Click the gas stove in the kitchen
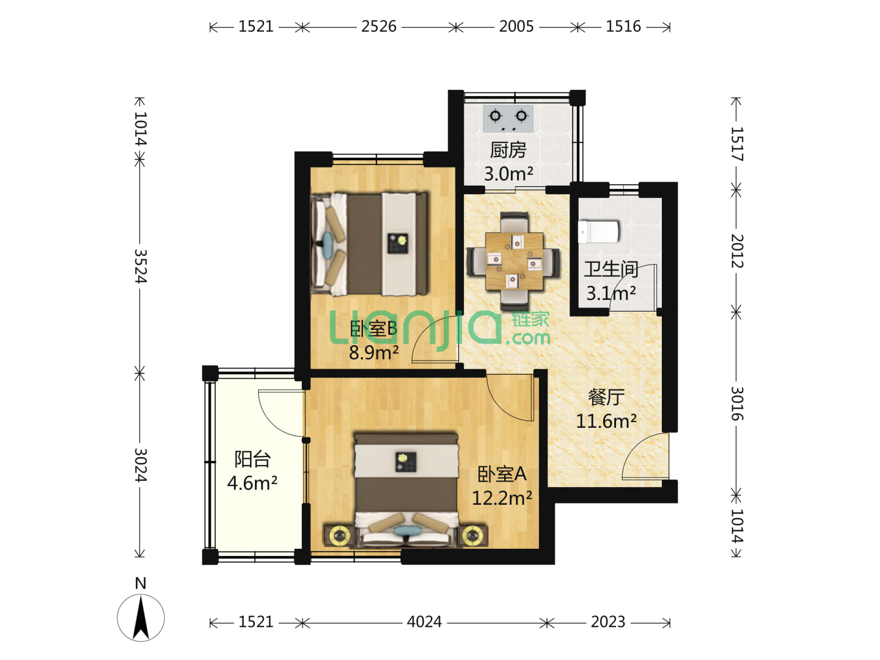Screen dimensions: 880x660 pyautogui.click(x=508, y=119)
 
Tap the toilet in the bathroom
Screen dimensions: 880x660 pyautogui.click(x=598, y=232)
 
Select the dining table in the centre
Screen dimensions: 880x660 pyautogui.click(x=514, y=262)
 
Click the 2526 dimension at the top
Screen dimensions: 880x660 pyautogui.click(x=378, y=26)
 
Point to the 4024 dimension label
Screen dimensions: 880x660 pyautogui.click(x=424, y=622)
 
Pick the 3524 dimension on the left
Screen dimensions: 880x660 pyautogui.click(x=141, y=266)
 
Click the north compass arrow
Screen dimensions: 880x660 pyautogui.click(x=141, y=617)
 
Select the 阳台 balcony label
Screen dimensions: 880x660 pyautogui.click(x=252, y=459)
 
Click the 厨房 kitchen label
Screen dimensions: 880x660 pyautogui.click(x=508, y=150)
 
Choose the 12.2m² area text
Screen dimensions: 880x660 pyautogui.click(x=502, y=498)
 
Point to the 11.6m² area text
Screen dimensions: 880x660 pyautogui.click(x=606, y=421)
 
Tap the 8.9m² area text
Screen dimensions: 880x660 pyautogui.click(x=373, y=353)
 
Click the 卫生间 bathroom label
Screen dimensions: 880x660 pyautogui.click(x=611, y=269)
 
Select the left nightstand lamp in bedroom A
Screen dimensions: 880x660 pyautogui.click(x=340, y=535)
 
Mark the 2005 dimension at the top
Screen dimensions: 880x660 pyautogui.click(x=516, y=26)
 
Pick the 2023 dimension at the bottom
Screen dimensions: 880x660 pyautogui.click(x=608, y=622)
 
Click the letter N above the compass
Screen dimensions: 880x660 pyautogui.click(x=141, y=584)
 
